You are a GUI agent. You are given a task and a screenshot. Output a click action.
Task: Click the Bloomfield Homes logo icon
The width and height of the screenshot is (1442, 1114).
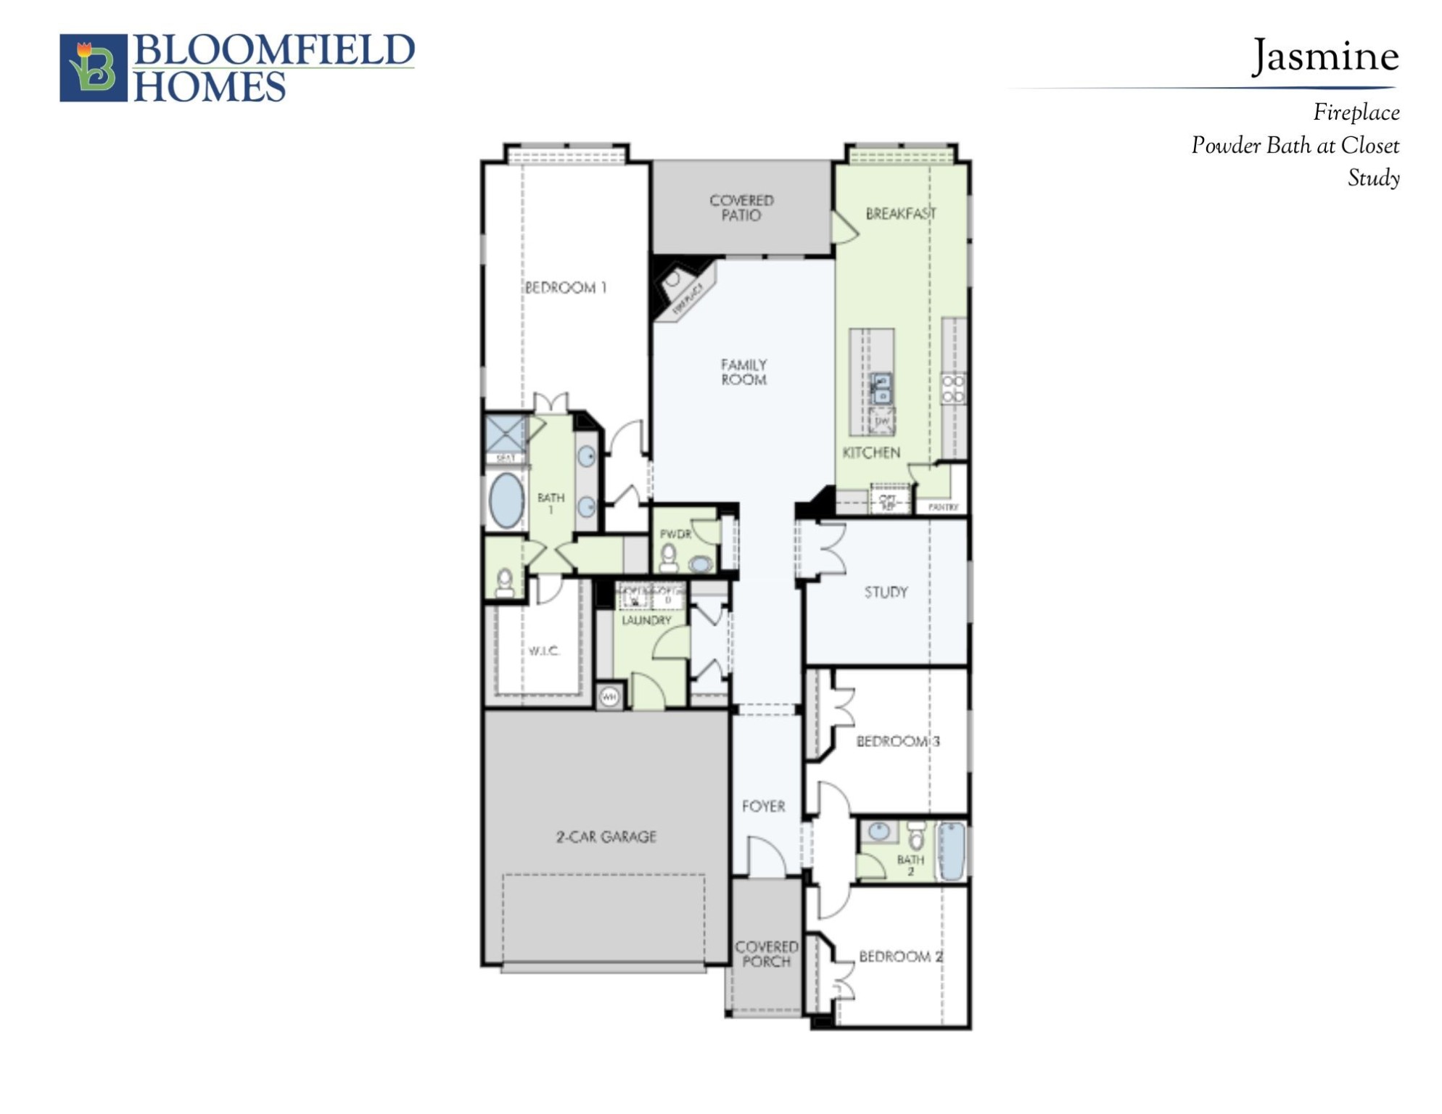point(93,67)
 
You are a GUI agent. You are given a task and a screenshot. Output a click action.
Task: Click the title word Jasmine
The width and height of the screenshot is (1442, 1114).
point(1325,57)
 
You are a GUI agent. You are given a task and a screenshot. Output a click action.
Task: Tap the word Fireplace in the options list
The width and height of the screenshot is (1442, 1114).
point(1356,112)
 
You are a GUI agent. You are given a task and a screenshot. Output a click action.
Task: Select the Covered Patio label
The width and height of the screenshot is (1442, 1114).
point(741,207)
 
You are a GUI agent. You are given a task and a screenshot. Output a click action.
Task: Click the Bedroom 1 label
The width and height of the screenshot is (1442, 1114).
point(565,288)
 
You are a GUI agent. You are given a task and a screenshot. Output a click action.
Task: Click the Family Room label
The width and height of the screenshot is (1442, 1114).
point(743,372)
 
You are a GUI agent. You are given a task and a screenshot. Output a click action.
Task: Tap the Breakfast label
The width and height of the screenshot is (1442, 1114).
point(900,213)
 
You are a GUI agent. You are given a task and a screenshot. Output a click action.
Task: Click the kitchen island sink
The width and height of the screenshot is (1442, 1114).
point(881,389)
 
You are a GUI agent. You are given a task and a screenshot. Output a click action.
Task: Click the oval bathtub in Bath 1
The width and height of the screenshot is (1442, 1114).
point(506,500)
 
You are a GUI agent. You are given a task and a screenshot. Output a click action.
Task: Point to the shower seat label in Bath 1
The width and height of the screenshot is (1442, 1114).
point(506,458)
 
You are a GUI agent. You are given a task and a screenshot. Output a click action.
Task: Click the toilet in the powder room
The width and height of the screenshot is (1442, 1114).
point(668,558)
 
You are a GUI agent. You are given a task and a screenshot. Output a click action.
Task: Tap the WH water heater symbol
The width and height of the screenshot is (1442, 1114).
point(609,697)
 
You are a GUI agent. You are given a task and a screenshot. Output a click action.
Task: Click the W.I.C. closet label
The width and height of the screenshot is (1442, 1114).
point(543,651)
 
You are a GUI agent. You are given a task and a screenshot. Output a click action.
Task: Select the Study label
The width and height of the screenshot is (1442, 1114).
point(886,592)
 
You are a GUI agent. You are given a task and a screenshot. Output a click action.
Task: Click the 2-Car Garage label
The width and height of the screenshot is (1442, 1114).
point(606,836)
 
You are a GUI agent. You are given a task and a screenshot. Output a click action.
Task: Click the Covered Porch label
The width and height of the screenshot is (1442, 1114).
point(766,954)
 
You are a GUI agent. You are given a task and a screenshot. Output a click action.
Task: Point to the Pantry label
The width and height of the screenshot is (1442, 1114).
point(943,507)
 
